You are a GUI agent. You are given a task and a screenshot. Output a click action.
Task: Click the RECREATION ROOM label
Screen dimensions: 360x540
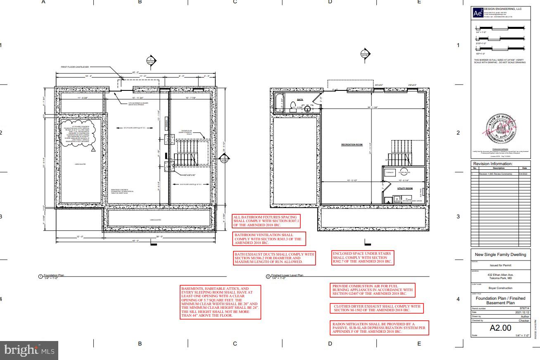point(352,144)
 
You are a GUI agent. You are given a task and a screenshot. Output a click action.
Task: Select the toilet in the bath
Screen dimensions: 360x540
point(293,105)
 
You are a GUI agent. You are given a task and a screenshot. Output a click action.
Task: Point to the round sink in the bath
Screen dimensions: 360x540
point(307,109)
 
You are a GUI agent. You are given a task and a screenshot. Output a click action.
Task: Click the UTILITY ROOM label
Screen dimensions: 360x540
point(405,188)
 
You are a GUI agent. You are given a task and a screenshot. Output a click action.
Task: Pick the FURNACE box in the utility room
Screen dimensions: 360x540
point(390,171)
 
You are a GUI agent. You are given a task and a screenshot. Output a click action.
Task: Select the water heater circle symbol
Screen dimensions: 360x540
point(404,171)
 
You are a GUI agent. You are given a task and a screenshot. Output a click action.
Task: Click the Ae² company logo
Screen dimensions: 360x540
point(477,13)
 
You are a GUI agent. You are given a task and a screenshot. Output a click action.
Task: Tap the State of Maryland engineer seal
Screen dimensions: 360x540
point(501,128)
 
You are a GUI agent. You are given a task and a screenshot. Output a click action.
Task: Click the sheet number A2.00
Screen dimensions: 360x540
point(500,328)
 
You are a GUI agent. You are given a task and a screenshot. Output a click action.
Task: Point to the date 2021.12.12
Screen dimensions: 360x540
point(522,313)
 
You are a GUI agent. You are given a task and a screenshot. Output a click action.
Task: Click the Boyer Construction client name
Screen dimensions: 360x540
point(500,288)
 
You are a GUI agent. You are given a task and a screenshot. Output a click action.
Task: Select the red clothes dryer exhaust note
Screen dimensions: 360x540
point(377,308)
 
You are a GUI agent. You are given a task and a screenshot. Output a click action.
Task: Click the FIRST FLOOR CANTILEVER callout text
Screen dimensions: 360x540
point(75,66)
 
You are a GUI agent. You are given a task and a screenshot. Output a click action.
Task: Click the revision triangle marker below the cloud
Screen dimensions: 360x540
point(94,151)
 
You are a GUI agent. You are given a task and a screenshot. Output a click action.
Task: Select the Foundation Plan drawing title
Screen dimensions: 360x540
point(54,275)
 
